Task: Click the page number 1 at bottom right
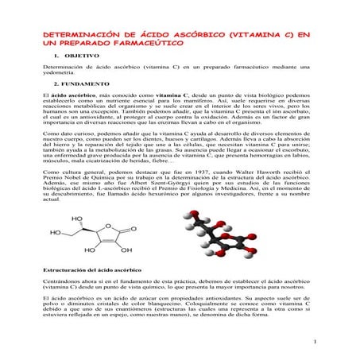point(315,343)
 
